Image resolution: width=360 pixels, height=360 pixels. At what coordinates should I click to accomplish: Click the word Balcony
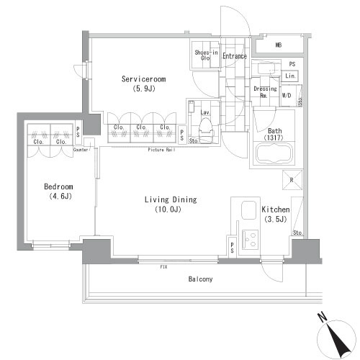click(x=200, y=279)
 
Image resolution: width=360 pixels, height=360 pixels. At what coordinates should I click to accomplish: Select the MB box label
click(x=279, y=46)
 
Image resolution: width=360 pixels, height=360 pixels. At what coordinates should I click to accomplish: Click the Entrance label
click(x=235, y=56)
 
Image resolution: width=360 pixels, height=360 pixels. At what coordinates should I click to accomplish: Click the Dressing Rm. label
click(x=264, y=92)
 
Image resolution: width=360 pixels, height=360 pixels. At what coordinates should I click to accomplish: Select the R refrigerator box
click(x=290, y=180)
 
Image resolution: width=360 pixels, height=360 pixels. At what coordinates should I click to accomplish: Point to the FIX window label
click(x=163, y=266)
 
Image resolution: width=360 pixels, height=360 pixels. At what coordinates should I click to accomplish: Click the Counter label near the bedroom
click(x=81, y=150)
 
